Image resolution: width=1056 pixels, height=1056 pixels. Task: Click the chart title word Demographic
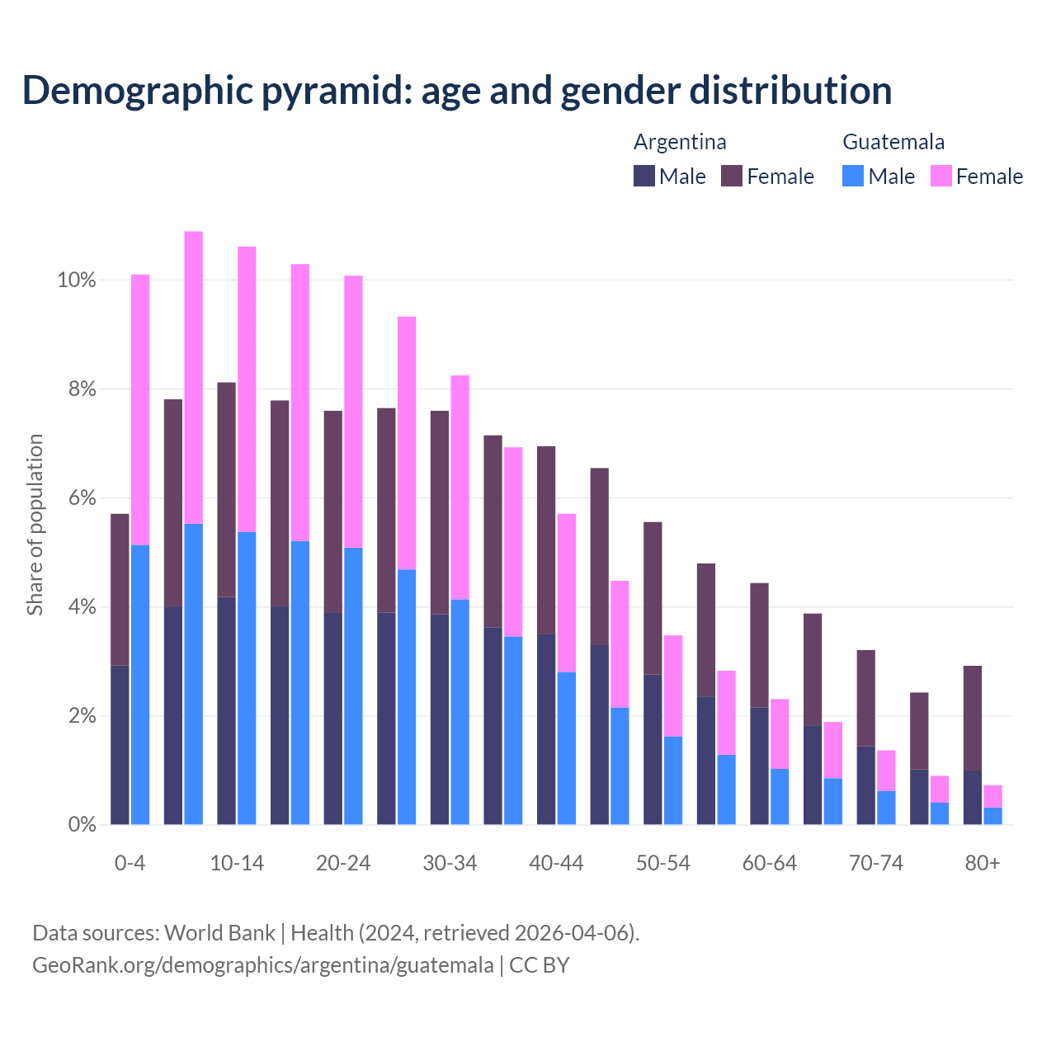tap(137, 90)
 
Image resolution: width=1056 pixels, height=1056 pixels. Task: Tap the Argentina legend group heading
tap(680, 142)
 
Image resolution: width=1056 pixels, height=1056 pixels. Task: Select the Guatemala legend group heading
tap(893, 142)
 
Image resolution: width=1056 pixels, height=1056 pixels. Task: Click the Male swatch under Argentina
tap(644, 176)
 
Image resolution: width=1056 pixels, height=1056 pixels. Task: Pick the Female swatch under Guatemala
tap(941, 176)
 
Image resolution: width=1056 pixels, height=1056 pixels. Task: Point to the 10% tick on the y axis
tap(76, 280)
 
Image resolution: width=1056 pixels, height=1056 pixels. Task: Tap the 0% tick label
tap(81, 824)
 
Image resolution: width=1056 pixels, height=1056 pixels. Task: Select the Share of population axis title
tap(35, 525)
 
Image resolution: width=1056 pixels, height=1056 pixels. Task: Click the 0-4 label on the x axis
tap(130, 863)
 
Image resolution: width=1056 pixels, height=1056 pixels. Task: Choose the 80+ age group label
tap(983, 863)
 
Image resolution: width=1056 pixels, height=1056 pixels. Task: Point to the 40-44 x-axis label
tap(556, 863)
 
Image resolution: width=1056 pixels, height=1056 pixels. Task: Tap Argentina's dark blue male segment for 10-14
tap(227, 709)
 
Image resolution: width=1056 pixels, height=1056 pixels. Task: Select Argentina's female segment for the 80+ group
tap(973, 718)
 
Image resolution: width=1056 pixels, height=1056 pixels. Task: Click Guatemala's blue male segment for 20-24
tap(353, 685)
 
